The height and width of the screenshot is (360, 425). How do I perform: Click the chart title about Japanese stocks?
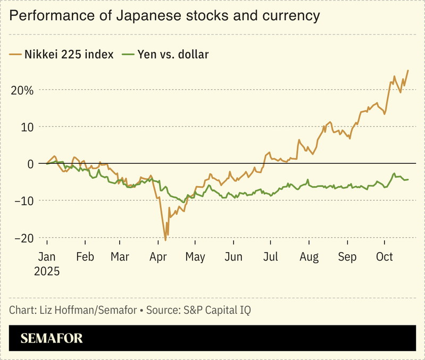[x=165, y=16]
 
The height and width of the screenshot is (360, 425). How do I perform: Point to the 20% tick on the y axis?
[x=22, y=90]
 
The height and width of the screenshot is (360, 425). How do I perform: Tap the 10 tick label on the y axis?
[x=27, y=127]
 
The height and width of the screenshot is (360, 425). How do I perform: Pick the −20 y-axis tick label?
[x=22, y=238]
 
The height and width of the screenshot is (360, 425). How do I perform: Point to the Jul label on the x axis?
[x=272, y=257]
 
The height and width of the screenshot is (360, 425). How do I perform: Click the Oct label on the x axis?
[x=385, y=257]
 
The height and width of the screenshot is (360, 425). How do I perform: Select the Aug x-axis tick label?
[x=309, y=257]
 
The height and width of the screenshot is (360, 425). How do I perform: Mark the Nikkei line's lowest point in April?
[x=165, y=240]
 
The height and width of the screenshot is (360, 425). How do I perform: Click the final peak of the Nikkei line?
[x=408, y=70]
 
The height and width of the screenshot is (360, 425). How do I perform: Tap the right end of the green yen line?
[x=408, y=179]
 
